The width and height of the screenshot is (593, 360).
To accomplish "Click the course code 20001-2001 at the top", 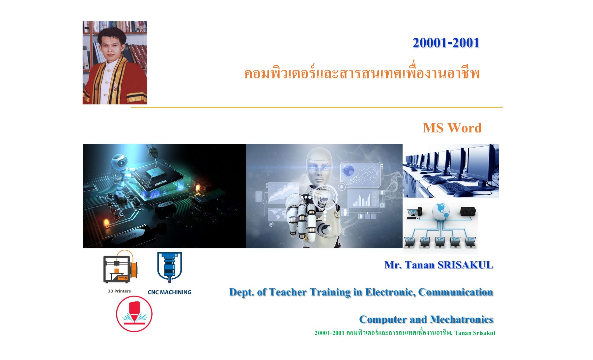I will [x=446, y=43].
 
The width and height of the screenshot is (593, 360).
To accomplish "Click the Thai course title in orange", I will [x=361, y=73].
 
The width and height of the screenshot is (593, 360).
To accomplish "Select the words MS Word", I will [x=452, y=128].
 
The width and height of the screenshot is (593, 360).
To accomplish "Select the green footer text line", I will [x=405, y=333].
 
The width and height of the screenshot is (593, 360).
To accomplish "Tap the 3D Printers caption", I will [x=119, y=291].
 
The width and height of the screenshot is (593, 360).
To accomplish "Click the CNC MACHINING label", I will [x=169, y=292].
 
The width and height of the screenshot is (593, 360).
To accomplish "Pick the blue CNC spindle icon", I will [x=169, y=267].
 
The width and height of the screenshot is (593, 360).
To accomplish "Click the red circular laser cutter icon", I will [x=134, y=314].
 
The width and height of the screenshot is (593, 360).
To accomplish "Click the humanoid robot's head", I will [x=319, y=166].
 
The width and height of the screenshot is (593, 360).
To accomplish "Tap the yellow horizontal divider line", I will [x=316, y=107].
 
